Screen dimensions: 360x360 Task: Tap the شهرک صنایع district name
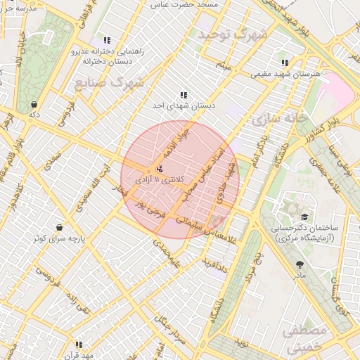coord(108,84)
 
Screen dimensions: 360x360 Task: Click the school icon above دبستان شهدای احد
coord(184,95)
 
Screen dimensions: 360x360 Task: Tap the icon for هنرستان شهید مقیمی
coord(285,63)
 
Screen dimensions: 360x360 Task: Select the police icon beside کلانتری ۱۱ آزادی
coord(160,169)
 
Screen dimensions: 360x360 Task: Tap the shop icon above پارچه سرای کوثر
coord(60,228)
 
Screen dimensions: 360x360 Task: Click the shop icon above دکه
coord(34,104)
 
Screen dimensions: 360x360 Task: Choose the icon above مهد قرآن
coord(79,345)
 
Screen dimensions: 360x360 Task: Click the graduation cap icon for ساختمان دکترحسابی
coord(304,217)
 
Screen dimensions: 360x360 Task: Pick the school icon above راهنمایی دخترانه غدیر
coord(107,41)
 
